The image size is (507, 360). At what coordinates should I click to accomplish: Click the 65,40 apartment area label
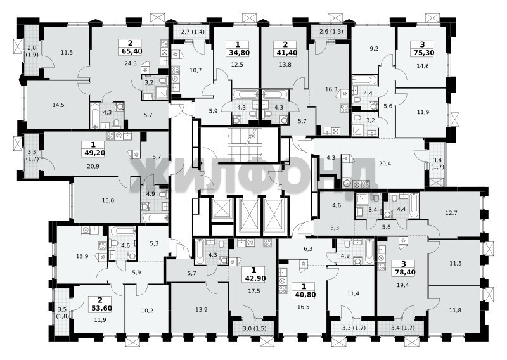pyautogui.click(x=130, y=51)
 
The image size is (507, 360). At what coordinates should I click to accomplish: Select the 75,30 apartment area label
pyautogui.click(x=422, y=53)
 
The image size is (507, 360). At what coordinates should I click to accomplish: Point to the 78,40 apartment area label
pyautogui.click(x=404, y=273)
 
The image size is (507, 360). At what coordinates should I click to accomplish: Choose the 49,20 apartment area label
pyautogui.click(x=93, y=153)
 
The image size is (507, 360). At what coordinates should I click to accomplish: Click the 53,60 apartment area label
pyautogui.click(x=100, y=308)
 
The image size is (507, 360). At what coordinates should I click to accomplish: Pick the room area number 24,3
pyautogui.click(x=131, y=63)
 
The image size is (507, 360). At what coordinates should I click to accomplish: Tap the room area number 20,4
pyautogui.click(x=385, y=164)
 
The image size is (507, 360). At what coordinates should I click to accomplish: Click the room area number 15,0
pyautogui.click(x=108, y=200)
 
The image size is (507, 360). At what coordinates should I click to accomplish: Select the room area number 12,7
pyautogui.click(x=451, y=213)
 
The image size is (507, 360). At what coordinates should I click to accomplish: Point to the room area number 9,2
pyautogui.click(x=374, y=49)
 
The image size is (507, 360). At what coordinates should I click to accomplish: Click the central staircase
pyautogui.click(x=245, y=145)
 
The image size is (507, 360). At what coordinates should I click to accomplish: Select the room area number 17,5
pyautogui.click(x=254, y=291)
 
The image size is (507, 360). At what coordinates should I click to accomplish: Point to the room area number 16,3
pyautogui.click(x=331, y=89)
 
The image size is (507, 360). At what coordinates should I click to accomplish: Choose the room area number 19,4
pyautogui.click(x=403, y=285)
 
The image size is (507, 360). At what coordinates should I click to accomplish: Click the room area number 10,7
pyautogui.click(x=196, y=70)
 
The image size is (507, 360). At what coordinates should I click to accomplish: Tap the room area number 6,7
pyautogui.click(x=157, y=157)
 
